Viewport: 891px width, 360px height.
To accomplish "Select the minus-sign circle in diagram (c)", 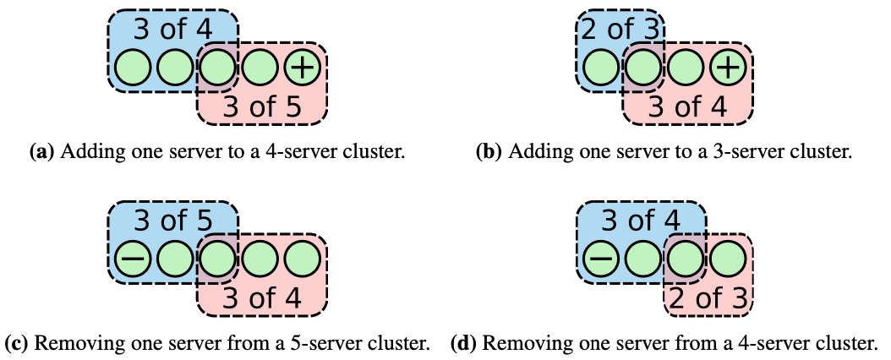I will click(x=132, y=259).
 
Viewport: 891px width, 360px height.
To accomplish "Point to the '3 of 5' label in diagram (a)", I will click(x=262, y=106).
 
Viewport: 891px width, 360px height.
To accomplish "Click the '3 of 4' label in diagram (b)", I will click(x=687, y=106).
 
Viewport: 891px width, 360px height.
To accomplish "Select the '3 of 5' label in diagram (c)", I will click(x=172, y=221).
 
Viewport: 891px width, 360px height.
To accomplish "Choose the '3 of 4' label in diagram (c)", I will click(x=262, y=297).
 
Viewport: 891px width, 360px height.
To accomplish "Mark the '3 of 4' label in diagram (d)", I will click(x=640, y=221).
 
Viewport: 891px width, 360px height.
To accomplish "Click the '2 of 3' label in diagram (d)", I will click(x=708, y=297).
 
